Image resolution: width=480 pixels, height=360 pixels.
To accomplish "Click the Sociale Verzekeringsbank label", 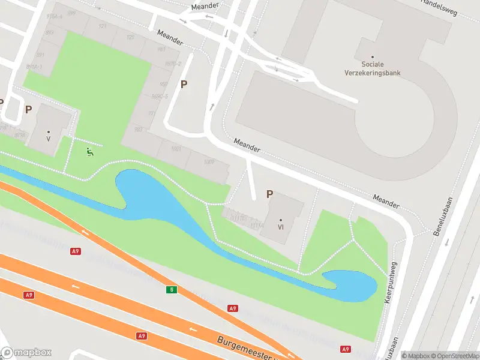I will pos(380,68).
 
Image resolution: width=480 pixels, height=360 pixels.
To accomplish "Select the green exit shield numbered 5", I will pos(172,290).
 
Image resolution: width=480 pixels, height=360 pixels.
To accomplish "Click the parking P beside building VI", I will pos(270,194).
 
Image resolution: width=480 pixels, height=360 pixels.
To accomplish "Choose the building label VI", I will pos(280,227).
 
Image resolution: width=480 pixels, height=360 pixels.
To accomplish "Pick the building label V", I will pos(48,139).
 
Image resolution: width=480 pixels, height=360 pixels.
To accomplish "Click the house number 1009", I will pos(209,162).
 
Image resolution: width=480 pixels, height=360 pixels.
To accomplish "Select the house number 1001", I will pos(176,149).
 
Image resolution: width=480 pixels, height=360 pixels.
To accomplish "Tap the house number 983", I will pos(139,129).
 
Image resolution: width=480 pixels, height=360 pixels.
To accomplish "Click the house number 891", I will pos(41,55).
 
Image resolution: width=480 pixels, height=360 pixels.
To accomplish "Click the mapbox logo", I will pos(26,353).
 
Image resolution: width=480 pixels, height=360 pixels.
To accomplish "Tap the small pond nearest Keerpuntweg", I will pos(351,284).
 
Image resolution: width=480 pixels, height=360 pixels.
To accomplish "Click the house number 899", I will pos(72,13).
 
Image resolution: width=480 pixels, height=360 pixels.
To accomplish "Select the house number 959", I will pos(164,85).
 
